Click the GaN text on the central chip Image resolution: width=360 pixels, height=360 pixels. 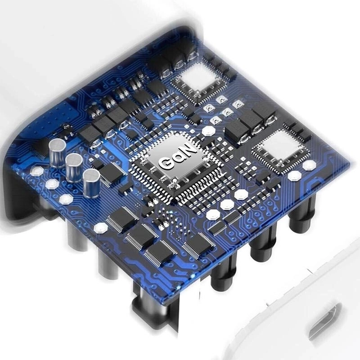click(x=178, y=156)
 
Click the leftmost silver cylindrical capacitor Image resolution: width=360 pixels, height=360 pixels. click(x=58, y=153)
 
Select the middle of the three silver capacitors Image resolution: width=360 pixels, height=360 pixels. click(x=74, y=167)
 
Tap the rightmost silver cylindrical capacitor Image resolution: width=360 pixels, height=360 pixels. click(x=91, y=183)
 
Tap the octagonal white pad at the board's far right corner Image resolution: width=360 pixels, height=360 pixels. click(x=309, y=165)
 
